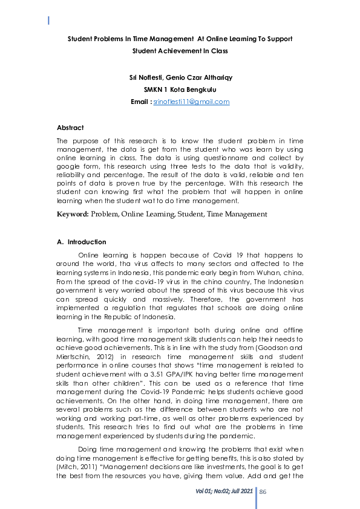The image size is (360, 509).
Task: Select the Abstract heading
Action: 70,128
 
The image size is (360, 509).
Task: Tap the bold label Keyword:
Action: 73,214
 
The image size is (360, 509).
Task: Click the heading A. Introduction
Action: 81,242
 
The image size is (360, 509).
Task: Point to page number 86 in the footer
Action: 263,491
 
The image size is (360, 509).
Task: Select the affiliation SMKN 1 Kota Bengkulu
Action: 180,89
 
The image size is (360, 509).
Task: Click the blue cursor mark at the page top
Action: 48,21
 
